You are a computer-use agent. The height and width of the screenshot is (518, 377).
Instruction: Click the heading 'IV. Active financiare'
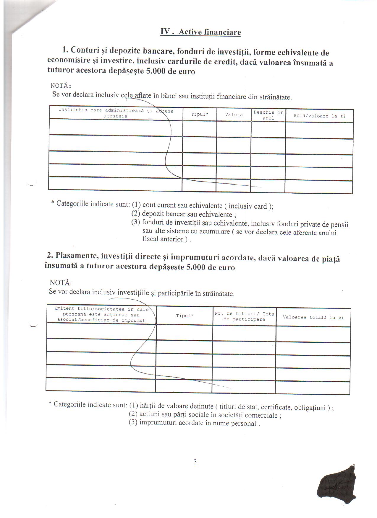[x=200, y=32]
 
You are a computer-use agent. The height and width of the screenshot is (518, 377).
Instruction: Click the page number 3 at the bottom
[x=195, y=462]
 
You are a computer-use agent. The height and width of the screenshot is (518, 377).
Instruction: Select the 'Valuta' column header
[x=234, y=115]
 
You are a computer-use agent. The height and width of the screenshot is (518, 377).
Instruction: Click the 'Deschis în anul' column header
[x=268, y=115]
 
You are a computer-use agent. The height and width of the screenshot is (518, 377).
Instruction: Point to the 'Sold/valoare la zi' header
[x=319, y=116]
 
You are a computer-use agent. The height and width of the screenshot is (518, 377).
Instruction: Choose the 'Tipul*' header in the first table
[x=200, y=114]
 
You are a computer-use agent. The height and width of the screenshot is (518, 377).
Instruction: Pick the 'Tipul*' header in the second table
[x=185, y=316]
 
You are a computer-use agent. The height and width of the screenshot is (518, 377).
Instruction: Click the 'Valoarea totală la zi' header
[x=313, y=317]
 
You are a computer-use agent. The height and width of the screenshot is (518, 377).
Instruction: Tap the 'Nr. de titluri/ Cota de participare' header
[x=244, y=316]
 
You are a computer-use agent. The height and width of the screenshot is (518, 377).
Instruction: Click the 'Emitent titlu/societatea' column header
[x=101, y=314]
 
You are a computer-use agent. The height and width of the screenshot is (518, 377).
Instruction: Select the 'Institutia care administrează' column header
[x=116, y=113]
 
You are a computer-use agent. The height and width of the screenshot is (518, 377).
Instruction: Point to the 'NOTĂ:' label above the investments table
[x=60, y=282]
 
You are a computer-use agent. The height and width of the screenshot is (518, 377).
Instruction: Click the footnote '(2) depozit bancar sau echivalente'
[x=183, y=214]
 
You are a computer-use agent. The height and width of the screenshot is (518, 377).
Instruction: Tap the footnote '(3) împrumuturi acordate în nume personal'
[x=194, y=423]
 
